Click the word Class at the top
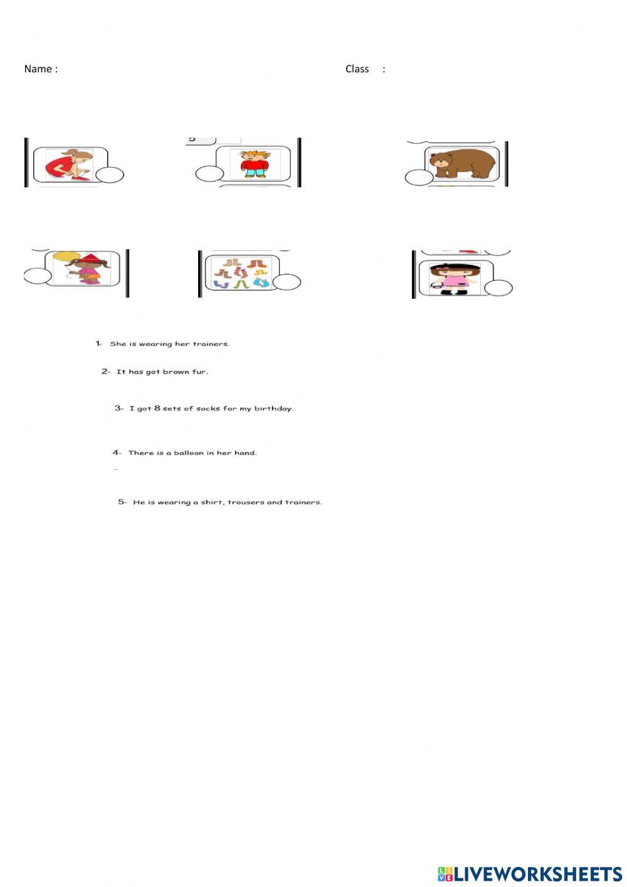(357, 69)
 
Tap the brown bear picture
(463, 163)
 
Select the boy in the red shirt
(255, 164)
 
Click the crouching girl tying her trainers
(69, 164)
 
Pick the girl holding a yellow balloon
(82, 267)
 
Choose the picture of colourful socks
(241, 273)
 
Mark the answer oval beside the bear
(419, 177)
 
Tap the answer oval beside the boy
(209, 174)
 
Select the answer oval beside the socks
(287, 282)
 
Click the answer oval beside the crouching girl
(110, 175)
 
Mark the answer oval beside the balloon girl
(38, 276)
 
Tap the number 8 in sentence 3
(157, 408)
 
